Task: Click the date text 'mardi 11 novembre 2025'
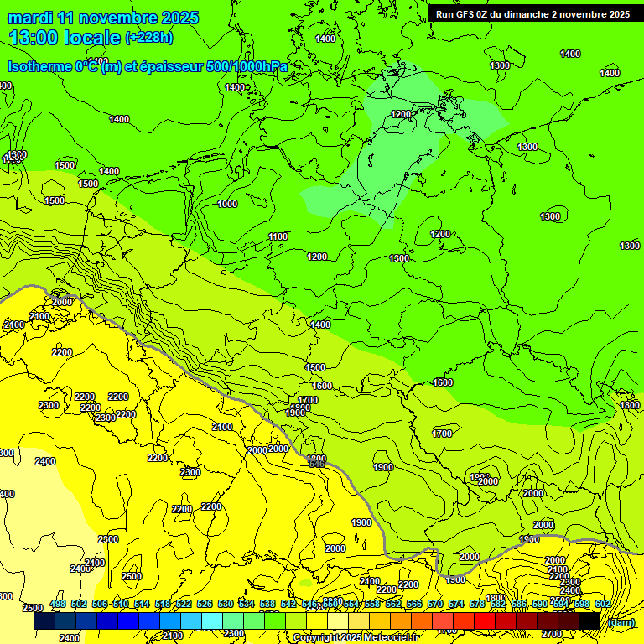103,18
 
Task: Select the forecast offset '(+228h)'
148,38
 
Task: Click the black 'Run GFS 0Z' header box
532,14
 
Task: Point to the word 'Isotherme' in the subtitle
39,66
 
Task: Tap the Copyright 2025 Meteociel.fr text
356,638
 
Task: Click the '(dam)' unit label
621,622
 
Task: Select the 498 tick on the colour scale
58,604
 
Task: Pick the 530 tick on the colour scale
226,604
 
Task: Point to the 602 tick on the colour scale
603,604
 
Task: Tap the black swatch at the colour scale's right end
589,621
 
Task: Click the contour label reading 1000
227,204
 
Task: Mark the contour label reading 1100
278,237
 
